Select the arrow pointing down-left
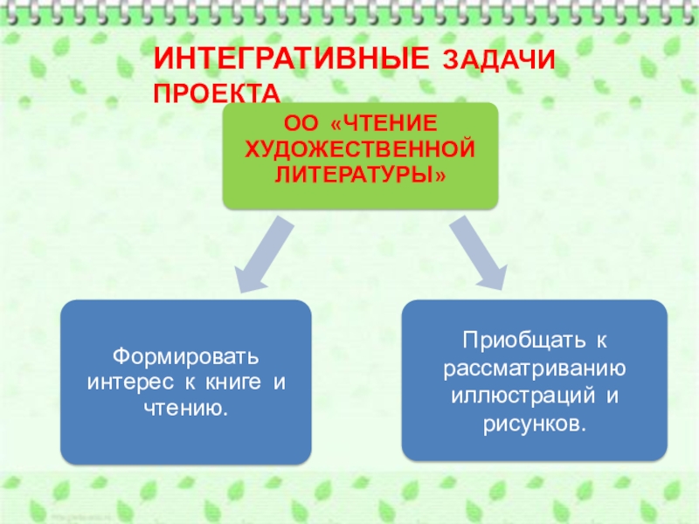tap(263, 254)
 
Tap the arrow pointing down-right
tap(477, 252)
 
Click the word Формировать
tap(186, 358)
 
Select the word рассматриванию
tap(534, 362)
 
